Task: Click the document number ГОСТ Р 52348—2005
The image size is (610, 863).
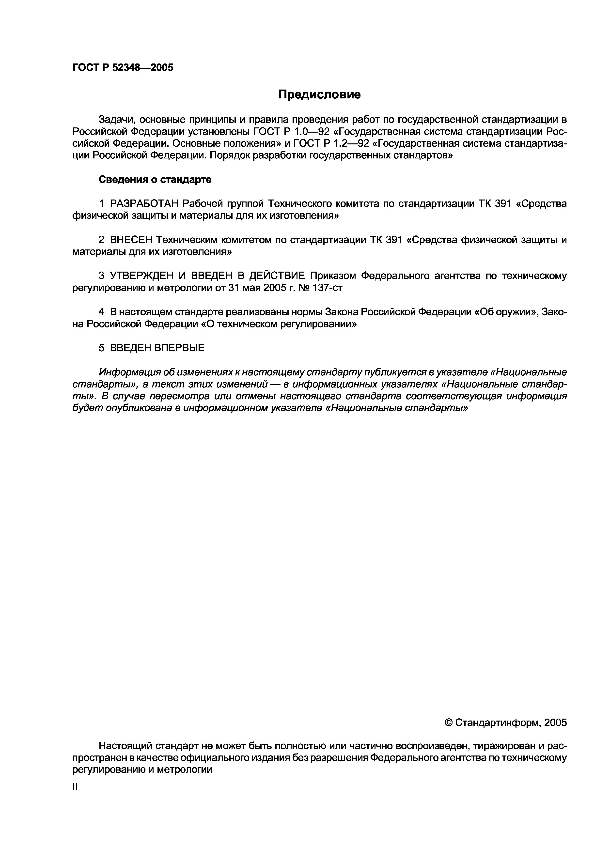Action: [x=123, y=68]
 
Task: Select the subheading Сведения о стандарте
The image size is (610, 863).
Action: [x=155, y=180]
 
